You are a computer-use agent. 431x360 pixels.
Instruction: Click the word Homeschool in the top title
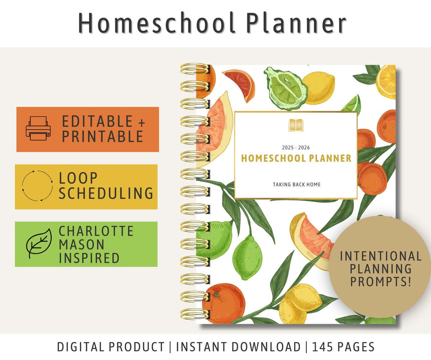pos(156,23)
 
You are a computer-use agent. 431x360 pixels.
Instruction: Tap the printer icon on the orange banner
pos(38,129)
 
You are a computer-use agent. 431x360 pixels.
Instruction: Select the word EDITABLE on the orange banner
pos(97,121)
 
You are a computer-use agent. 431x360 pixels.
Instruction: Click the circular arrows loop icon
pos(37,186)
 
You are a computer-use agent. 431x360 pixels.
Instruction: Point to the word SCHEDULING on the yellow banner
pos(106,194)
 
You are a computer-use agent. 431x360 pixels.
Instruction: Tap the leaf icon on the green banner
pos(38,243)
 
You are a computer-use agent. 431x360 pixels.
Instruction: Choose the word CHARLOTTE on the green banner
pos(96,231)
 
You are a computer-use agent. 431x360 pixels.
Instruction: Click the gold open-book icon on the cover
pos(296,125)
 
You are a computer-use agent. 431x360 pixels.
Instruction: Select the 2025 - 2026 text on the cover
pos(296,147)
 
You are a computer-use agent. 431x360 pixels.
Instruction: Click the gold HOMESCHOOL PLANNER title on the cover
pos(296,158)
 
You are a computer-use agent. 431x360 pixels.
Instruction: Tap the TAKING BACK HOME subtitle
pos(297,184)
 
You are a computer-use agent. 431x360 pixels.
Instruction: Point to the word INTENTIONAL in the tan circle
pos(380,256)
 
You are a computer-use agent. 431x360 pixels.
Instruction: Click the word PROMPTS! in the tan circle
pos(380,281)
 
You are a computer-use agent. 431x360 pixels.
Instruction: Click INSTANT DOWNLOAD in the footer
pos(238,346)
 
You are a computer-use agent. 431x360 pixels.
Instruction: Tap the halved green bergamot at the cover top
pos(285,88)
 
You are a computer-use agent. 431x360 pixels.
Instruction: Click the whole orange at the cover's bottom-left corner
pos(223,303)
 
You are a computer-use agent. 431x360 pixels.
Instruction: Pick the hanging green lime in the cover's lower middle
pos(247,256)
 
